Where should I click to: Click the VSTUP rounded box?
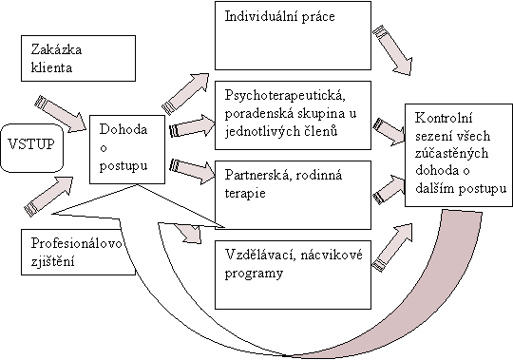pos(31,145)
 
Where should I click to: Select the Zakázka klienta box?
pos(72,60)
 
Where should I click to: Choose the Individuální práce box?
pos(294,33)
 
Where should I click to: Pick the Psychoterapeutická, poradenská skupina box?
pos(294,114)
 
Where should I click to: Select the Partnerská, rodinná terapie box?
pos(294,185)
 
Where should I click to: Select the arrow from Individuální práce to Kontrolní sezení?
pos(394,52)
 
